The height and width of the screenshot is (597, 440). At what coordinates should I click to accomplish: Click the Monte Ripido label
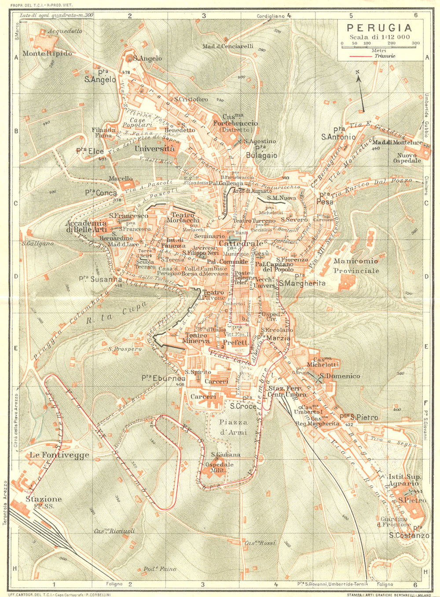coord(47,53)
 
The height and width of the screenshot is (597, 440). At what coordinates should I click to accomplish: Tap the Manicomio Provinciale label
coord(356,266)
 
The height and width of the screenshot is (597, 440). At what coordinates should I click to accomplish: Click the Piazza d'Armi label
coord(233,427)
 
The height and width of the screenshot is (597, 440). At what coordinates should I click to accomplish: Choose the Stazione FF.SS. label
coord(44,502)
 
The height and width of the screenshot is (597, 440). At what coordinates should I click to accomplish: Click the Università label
coord(154,149)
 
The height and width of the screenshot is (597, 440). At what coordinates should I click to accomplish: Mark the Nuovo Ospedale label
coord(409,158)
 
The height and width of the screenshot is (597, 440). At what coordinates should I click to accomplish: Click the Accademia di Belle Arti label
coord(86,226)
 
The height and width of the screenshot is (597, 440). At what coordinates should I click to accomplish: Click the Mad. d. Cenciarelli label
coord(227,46)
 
